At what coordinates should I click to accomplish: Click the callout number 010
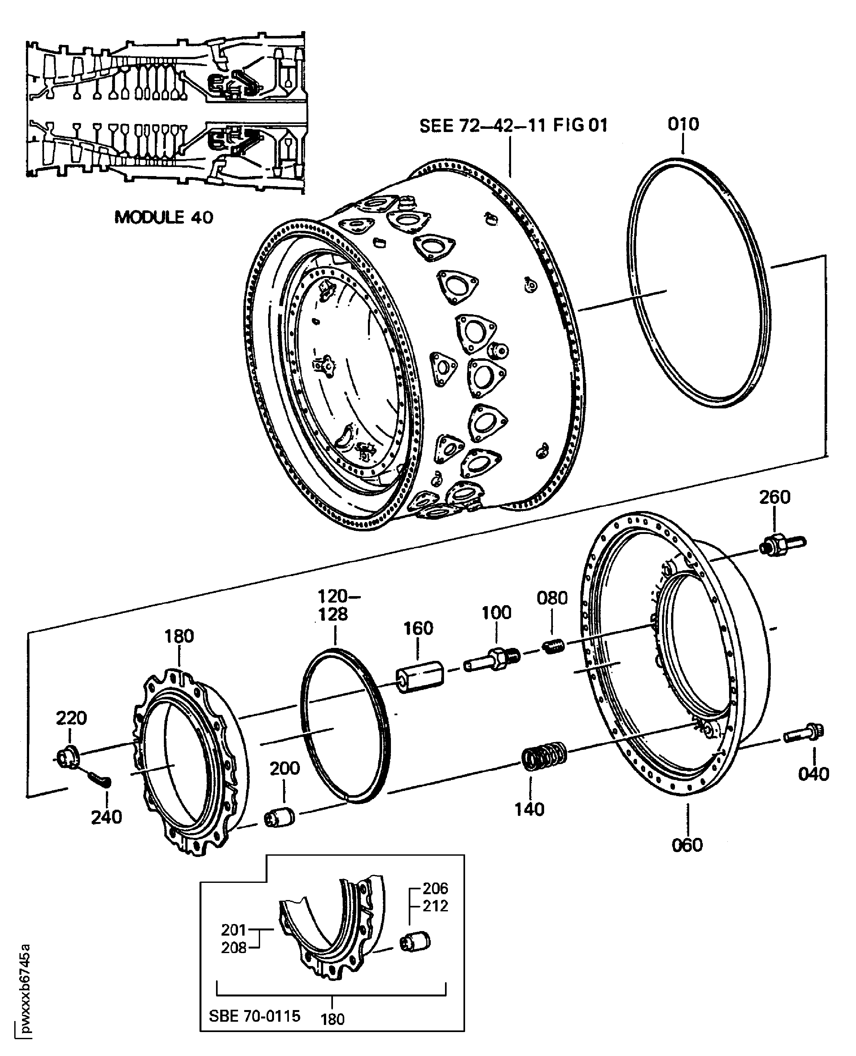click(x=683, y=124)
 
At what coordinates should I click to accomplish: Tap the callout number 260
click(x=775, y=497)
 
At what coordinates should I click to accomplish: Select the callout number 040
click(x=814, y=774)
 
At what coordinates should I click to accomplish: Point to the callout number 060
click(x=687, y=845)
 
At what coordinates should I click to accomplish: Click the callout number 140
click(x=530, y=809)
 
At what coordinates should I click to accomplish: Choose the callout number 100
click(x=496, y=613)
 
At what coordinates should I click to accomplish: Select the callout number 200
click(x=284, y=768)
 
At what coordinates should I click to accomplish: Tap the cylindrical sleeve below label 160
click(x=420, y=677)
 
